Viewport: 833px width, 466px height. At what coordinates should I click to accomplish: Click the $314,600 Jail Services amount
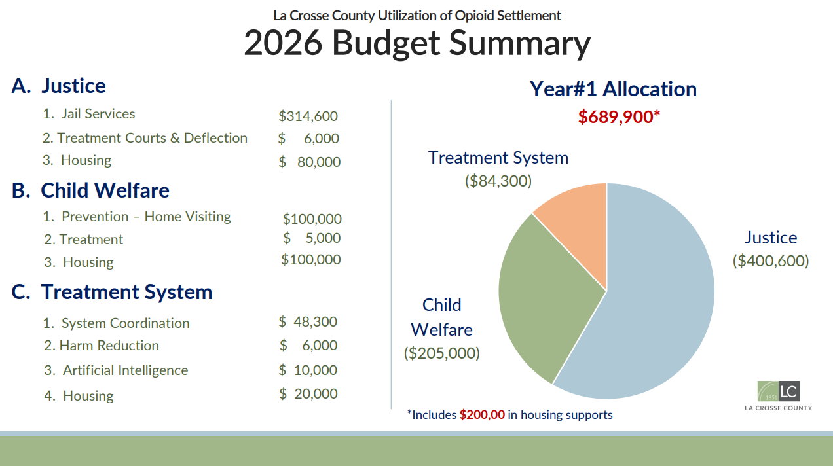(x=308, y=116)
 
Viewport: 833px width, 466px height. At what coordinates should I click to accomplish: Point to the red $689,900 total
(x=618, y=117)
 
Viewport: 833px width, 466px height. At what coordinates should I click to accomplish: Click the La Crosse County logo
(x=779, y=396)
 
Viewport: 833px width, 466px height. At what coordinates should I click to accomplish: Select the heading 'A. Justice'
(x=58, y=86)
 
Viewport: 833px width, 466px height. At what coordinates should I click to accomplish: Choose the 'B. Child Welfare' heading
(x=90, y=190)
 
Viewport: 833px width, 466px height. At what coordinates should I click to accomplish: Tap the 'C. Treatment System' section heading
(x=112, y=292)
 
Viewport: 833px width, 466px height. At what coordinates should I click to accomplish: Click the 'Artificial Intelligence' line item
(x=124, y=370)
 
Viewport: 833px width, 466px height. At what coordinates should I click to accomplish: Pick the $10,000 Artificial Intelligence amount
(x=308, y=370)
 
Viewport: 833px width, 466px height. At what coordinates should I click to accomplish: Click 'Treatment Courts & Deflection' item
(x=151, y=138)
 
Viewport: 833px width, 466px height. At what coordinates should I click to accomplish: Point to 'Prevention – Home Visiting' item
(x=145, y=217)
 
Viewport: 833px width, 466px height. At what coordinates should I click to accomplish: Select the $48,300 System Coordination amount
(x=308, y=322)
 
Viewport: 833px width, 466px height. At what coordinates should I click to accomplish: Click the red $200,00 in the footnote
(x=482, y=415)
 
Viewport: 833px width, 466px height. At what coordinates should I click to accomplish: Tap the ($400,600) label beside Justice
(x=771, y=261)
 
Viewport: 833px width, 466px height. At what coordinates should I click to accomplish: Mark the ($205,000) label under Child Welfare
(x=442, y=353)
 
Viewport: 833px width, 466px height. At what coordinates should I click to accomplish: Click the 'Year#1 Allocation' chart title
(x=613, y=89)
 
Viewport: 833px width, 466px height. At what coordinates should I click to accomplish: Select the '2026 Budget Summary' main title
(x=417, y=44)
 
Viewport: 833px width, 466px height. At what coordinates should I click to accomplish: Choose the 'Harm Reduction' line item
(x=109, y=346)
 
